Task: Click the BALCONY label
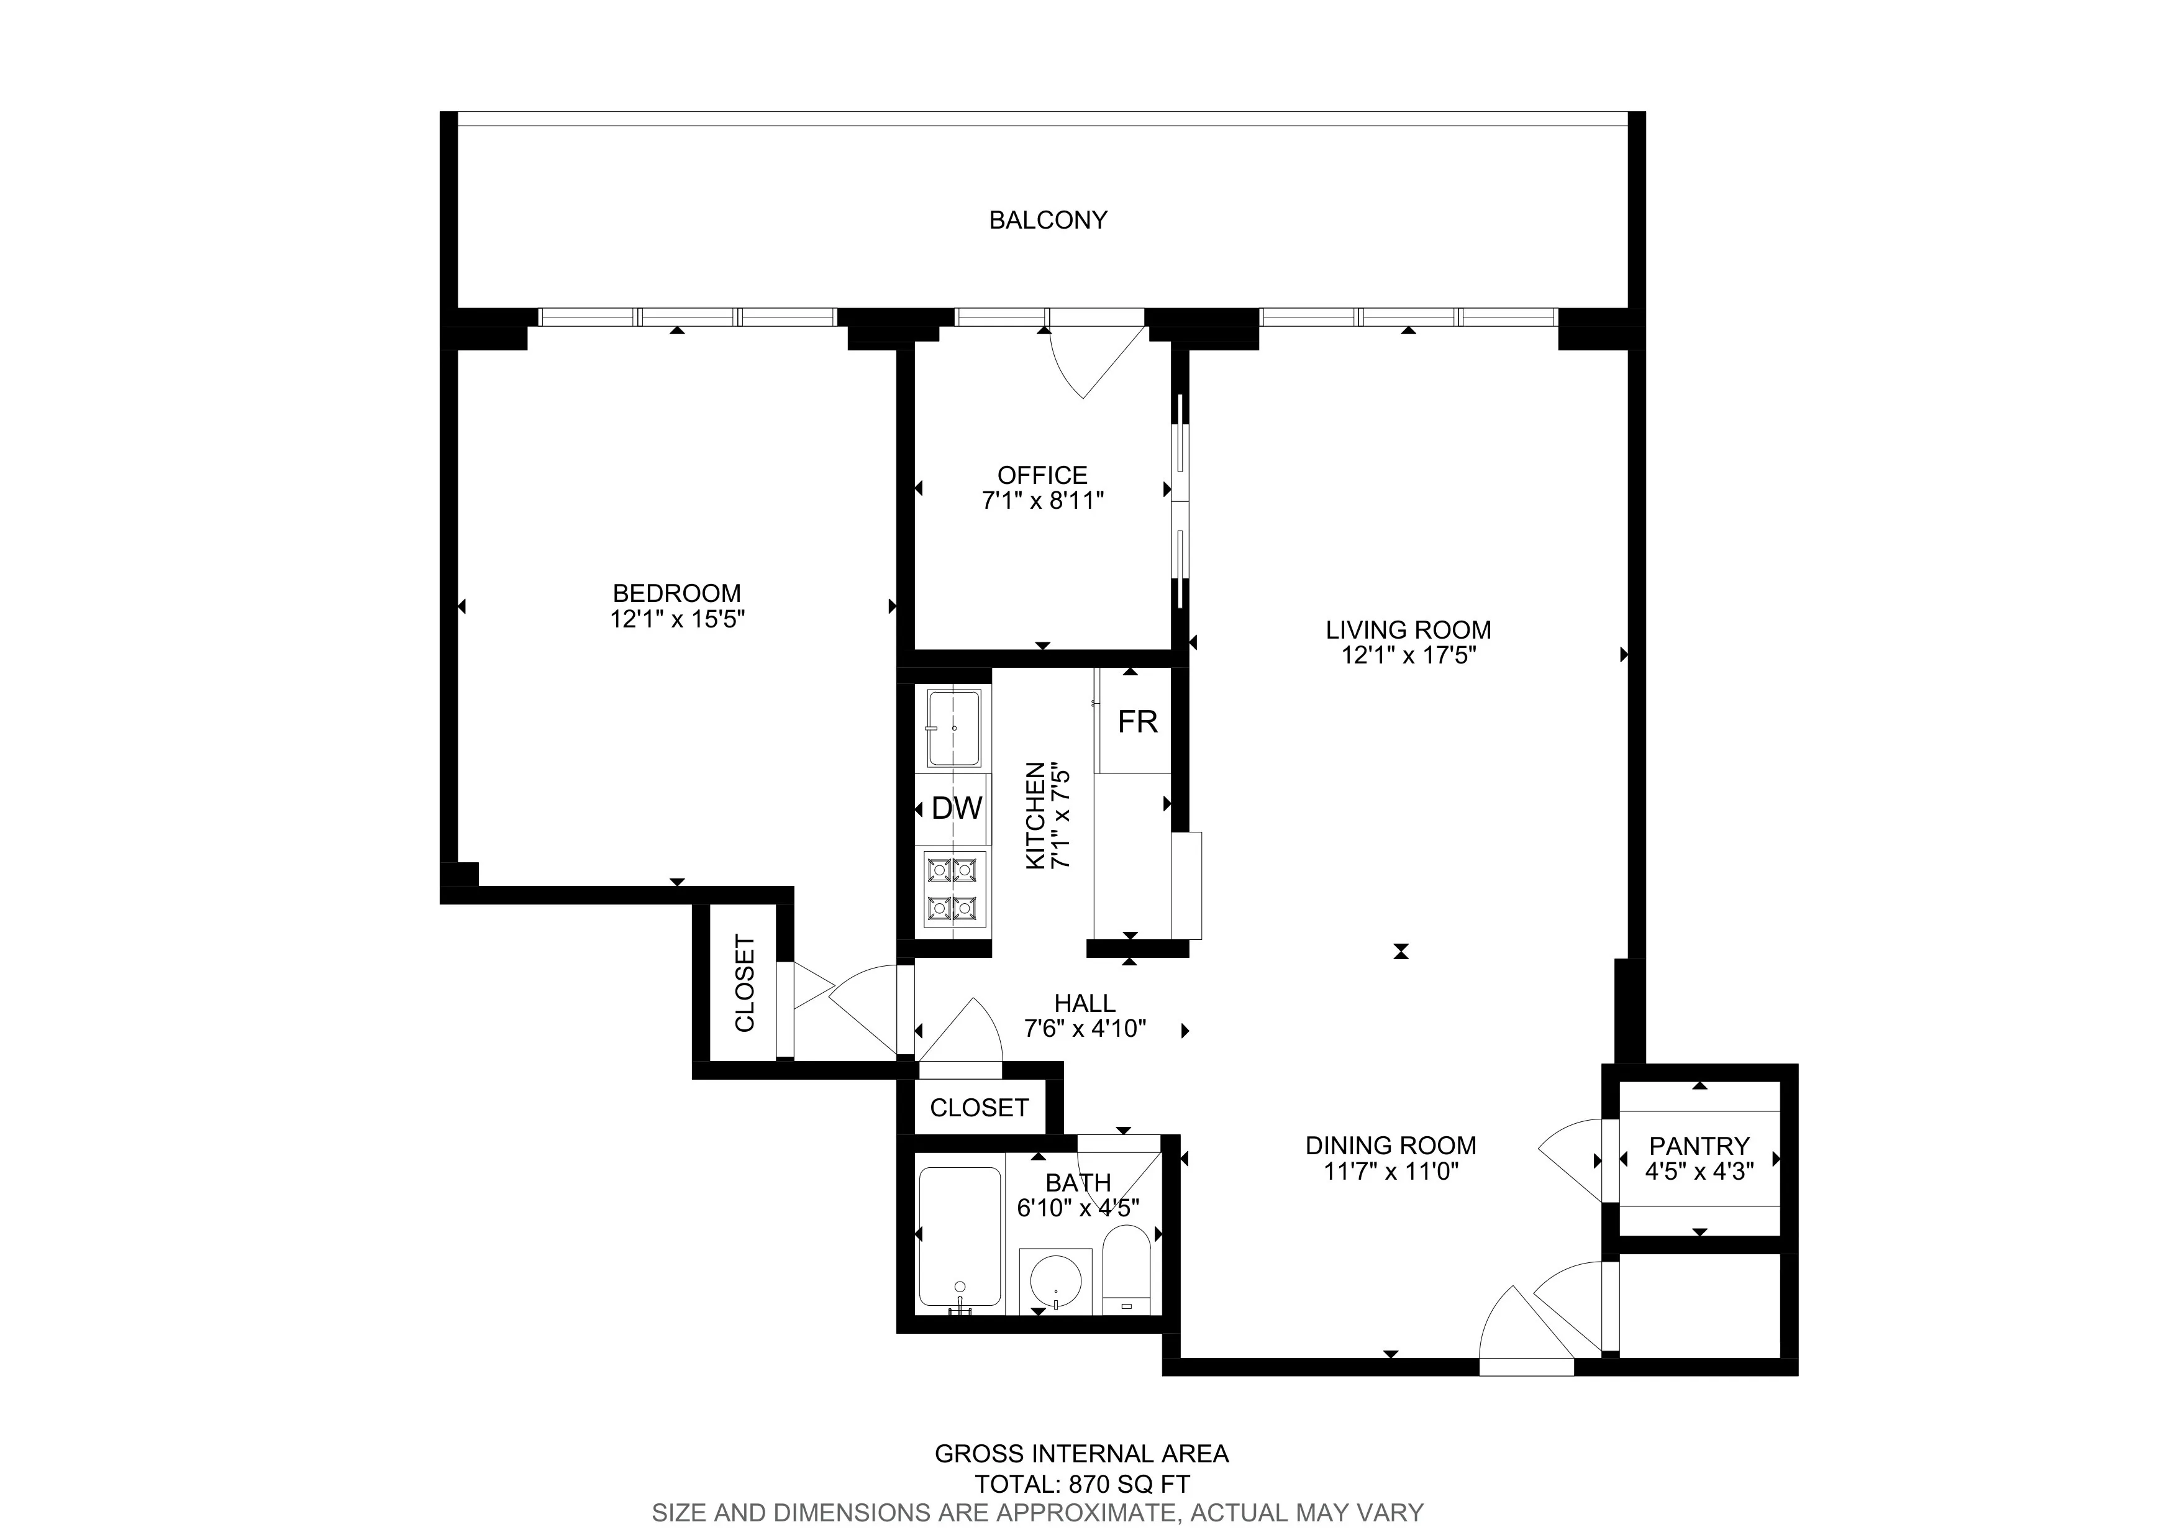pos(1048,220)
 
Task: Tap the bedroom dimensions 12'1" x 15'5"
pos(676,619)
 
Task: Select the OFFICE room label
pos(1042,475)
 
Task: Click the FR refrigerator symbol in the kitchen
pos(1137,722)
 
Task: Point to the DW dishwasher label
pos(956,808)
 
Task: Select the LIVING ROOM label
pos(1408,629)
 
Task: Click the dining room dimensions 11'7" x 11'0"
pos(1390,1171)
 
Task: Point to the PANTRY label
pos(1699,1146)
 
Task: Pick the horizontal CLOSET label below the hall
pos(978,1107)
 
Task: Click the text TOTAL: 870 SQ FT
pos(1082,1484)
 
